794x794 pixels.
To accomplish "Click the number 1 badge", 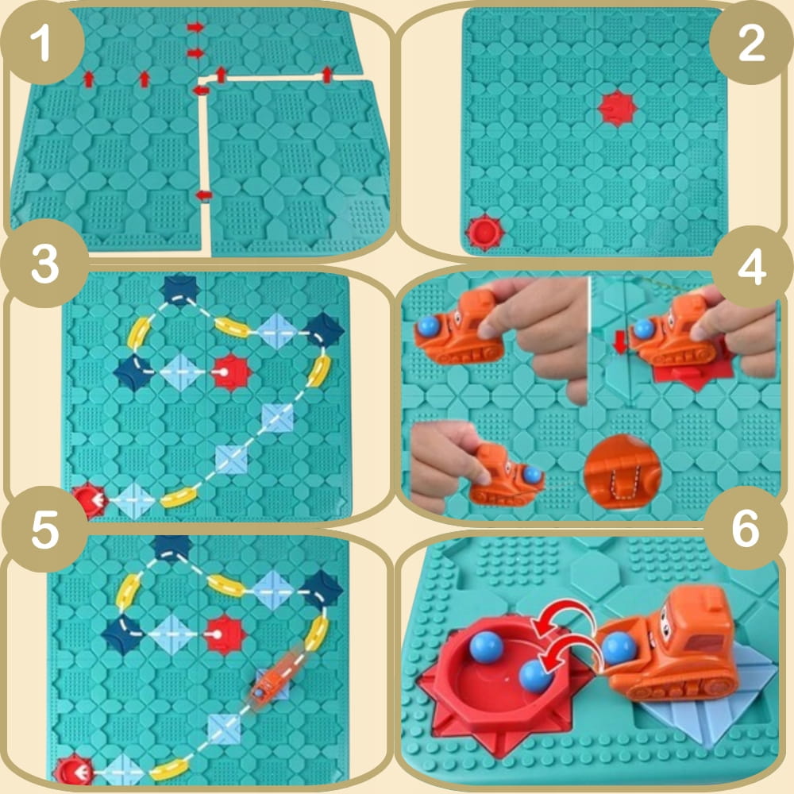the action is (x=42, y=43).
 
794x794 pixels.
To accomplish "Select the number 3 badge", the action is (x=44, y=264).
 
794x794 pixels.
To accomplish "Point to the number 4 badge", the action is (x=751, y=269).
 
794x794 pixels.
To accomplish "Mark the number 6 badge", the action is (x=746, y=528).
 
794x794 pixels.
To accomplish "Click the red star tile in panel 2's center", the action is (x=616, y=108).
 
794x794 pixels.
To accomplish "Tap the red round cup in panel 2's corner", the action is (x=484, y=233).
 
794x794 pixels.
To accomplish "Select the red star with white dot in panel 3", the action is (x=230, y=372).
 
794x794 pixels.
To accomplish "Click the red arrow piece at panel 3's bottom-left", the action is (x=91, y=500).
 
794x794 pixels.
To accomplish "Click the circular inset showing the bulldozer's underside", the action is (x=622, y=473).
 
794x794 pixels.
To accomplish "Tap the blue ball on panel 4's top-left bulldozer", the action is (x=429, y=326).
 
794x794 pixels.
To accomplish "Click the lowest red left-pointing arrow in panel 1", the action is (x=203, y=195).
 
